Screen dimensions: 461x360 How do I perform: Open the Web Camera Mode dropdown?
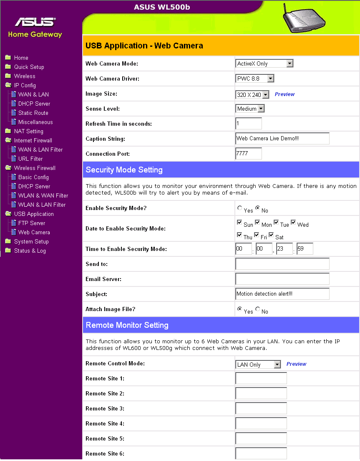pos(264,63)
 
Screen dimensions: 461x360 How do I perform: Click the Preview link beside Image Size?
pos(284,94)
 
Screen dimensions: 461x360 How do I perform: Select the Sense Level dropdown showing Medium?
pos(250,109)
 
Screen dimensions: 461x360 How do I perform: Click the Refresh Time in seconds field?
pos(249,124)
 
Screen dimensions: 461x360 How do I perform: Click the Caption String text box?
pos(282,139)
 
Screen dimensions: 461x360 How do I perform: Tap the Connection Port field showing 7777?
pos(249,154)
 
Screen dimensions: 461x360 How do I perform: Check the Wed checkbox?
pos(294,223)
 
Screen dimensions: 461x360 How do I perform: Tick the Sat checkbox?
pos(271,235)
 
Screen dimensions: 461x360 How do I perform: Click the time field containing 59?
pos(305,249)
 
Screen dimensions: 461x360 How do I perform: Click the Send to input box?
pos(282,264)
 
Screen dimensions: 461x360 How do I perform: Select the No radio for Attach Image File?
pos(258,309)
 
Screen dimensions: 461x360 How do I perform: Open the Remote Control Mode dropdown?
pos(259,365)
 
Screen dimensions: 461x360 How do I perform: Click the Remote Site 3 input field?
pos(261,408)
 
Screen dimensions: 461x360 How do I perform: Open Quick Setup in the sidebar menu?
pos(29,67)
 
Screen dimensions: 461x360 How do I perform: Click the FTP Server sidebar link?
pos(32,223)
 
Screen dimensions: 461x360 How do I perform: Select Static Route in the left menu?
pos(33,113)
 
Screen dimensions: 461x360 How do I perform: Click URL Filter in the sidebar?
pos(30,159)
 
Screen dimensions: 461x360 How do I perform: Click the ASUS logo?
pos(35,22)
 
